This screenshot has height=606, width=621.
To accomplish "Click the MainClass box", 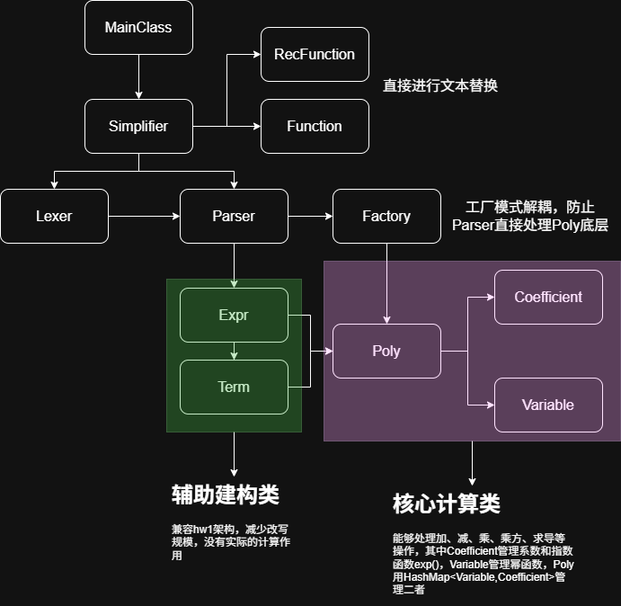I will pyautogui.click(x=138, y=27).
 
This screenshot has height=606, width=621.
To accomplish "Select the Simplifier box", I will pyautogui.click(x=138, y=126).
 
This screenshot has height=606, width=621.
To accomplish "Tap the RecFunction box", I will pyautogui.click(x=314, y=54).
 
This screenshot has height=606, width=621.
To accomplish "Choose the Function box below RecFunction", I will pyautogui.click(x=314, y=126).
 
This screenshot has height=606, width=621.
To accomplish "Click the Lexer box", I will pyautogui.click(x=54, y=216).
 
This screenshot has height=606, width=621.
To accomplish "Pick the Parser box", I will pyautogui.click(x=234, y=216).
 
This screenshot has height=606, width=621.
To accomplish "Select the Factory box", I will pyautogui.click(x=386, y=216).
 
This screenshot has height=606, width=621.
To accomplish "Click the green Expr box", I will pyautogui.click(x=234, y=315).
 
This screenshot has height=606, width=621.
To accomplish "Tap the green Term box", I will pyautogui.click(x=234, y=387).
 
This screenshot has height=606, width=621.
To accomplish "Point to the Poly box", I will pyautogui.click(x=386, y=351).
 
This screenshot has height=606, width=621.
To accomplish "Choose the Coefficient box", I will pyautogui.click(x=548, y=297).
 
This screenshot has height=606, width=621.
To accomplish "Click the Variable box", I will pyautogui.click(x=548, y=405).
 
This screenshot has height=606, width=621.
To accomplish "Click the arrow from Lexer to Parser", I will pyautogui.click(x=144, y=216).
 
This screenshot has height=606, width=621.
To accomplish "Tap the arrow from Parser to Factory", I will pyautogui.click(x=310, y=216).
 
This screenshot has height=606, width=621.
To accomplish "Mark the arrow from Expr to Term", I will pyautogui.click(x=234, y=351).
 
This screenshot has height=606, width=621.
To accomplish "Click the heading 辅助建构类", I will pyautogui.click(x=225, y=495).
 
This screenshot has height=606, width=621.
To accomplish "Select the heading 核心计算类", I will pyautogui.click(x=447, y=504).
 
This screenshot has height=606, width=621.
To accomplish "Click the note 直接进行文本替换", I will pyautogui.click(x=440, y=85).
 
